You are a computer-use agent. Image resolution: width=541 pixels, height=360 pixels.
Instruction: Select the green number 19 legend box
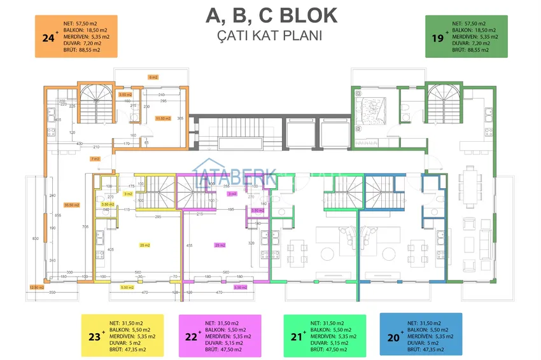466,37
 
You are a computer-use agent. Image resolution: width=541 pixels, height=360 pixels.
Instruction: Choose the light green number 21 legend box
325,335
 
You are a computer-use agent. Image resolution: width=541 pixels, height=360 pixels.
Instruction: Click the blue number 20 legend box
421,335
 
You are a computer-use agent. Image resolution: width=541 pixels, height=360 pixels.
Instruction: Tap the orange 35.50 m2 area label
71,205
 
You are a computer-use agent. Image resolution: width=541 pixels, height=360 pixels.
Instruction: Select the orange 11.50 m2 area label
162,118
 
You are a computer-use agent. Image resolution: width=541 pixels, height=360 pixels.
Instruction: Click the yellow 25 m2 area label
144,245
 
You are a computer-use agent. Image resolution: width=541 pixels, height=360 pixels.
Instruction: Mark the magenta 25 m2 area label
221,245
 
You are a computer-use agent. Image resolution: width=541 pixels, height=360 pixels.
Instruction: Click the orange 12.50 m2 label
36,287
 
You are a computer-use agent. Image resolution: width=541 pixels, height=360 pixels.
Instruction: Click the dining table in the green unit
471,185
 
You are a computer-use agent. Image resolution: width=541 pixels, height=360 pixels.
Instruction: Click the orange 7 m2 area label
95,158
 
